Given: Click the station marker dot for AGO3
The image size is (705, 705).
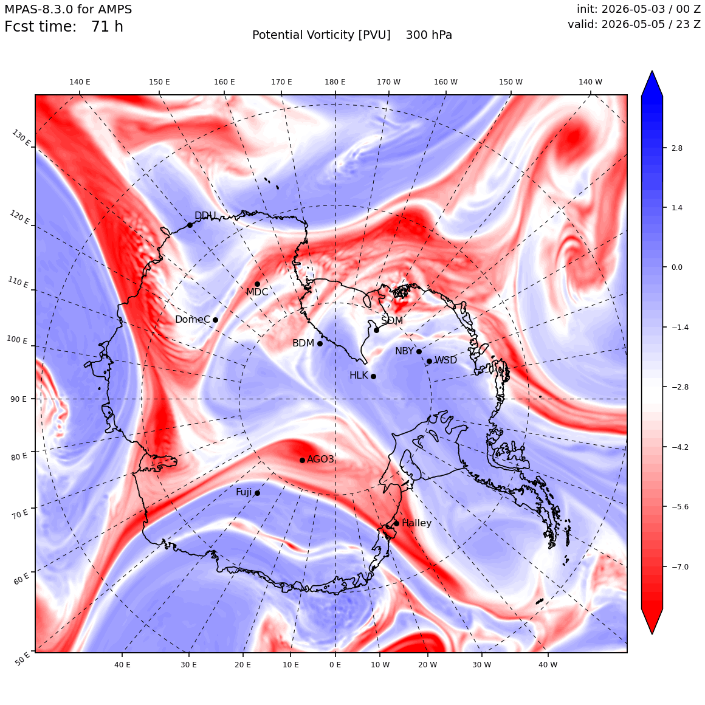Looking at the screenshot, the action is click(x=303, y=460).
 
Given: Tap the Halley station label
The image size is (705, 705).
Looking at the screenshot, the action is click(x=416, y=523).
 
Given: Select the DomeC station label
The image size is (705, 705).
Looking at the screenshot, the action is click(x=193, y=319).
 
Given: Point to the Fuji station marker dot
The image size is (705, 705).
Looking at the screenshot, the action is click(x=257, y=493).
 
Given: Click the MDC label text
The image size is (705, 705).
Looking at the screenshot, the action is click(x=257, y=292).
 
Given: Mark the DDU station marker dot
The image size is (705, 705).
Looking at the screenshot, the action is click(x=190, y=225).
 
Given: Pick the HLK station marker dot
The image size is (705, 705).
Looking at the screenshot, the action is click(x=373, y=376).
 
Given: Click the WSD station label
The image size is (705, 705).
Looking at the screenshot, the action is click(x=445, y=360).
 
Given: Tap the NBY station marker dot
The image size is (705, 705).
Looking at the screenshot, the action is click(x=419, y=352).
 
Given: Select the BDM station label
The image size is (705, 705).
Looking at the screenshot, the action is click(x=303, y=343).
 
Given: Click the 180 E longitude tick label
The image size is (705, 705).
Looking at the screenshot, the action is click(x=335, y=82).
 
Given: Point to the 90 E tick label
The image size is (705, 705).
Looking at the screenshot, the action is click(x=18, y=399).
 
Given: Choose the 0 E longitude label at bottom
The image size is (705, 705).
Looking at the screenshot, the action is click(x=335, y=664).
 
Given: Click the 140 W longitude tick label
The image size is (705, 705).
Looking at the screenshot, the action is click(x=590, y=82).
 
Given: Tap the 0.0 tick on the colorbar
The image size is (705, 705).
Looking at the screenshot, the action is click(x=676, y=267).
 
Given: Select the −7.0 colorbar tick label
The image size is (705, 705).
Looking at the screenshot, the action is click(x=680, y=566).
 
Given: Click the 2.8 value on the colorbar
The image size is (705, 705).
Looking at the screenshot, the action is click(x=676, y=148).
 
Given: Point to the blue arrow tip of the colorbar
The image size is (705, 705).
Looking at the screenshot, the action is click(x=652, y=71).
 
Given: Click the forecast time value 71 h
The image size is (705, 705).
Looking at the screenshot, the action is click(x=107, y=27).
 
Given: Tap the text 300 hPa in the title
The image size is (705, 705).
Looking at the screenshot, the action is click(x=429, y=35).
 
